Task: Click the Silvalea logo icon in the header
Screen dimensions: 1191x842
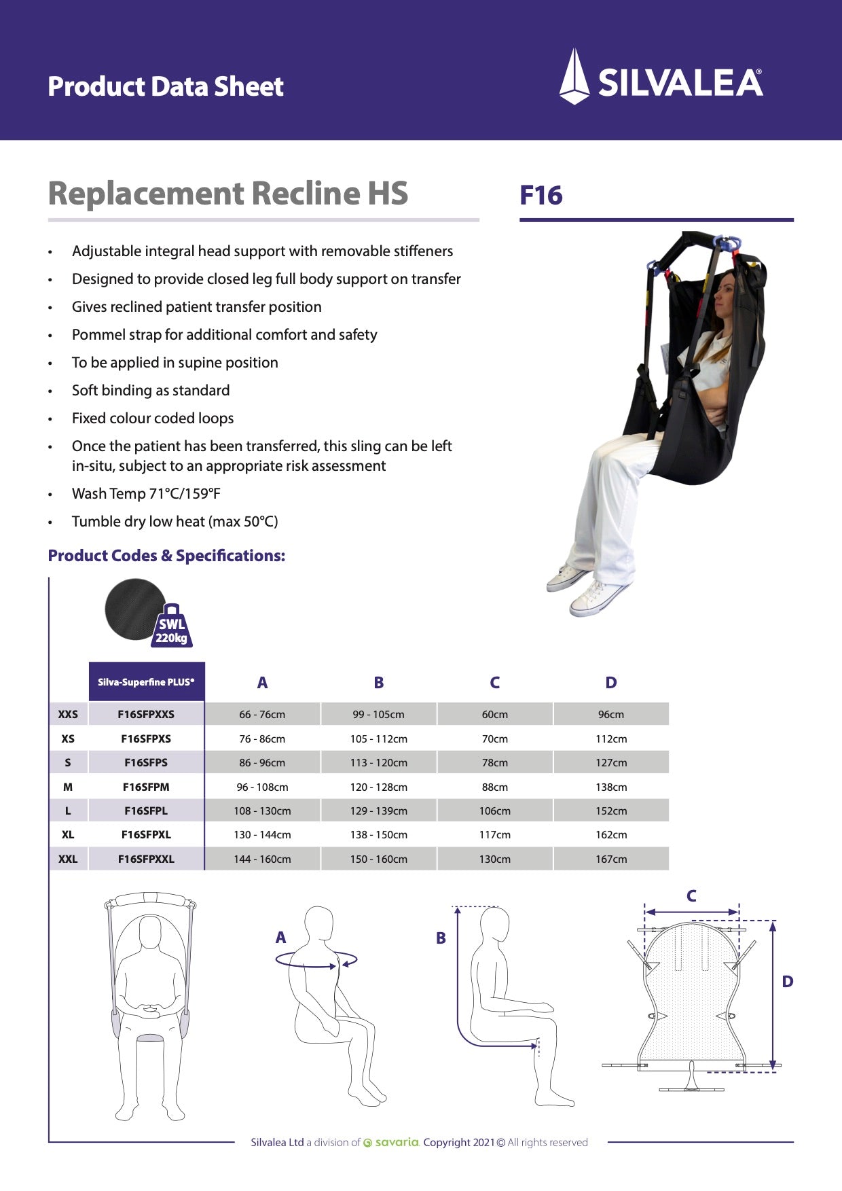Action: coord(574,77)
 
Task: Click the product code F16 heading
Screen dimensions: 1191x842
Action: coord(541,196)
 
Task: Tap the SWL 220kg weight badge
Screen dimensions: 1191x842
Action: coord(172,626)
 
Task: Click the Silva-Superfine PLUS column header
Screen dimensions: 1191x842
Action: coord(146,682)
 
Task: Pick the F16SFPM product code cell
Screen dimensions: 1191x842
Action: coord(146,787)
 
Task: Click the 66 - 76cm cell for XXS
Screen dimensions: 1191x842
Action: coord(262,714)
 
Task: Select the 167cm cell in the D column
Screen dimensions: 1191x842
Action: coord(611,859)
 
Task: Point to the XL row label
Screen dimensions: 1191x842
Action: coord(68,834)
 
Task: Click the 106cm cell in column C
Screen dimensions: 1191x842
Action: coord(494,811)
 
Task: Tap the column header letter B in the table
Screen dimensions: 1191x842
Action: coord(378,683)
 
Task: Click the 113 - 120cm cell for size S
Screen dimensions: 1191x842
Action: coord(378,762)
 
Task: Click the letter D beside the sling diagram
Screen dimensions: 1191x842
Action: coord(788,982)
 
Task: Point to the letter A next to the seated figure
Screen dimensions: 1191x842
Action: coord(280,938)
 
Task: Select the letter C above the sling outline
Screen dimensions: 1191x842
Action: coord(691,896)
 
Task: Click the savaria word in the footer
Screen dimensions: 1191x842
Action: coord(397,1142)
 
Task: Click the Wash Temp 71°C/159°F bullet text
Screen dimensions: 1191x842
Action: coord(146,494)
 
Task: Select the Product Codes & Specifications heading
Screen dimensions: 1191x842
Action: coord(166,556)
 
